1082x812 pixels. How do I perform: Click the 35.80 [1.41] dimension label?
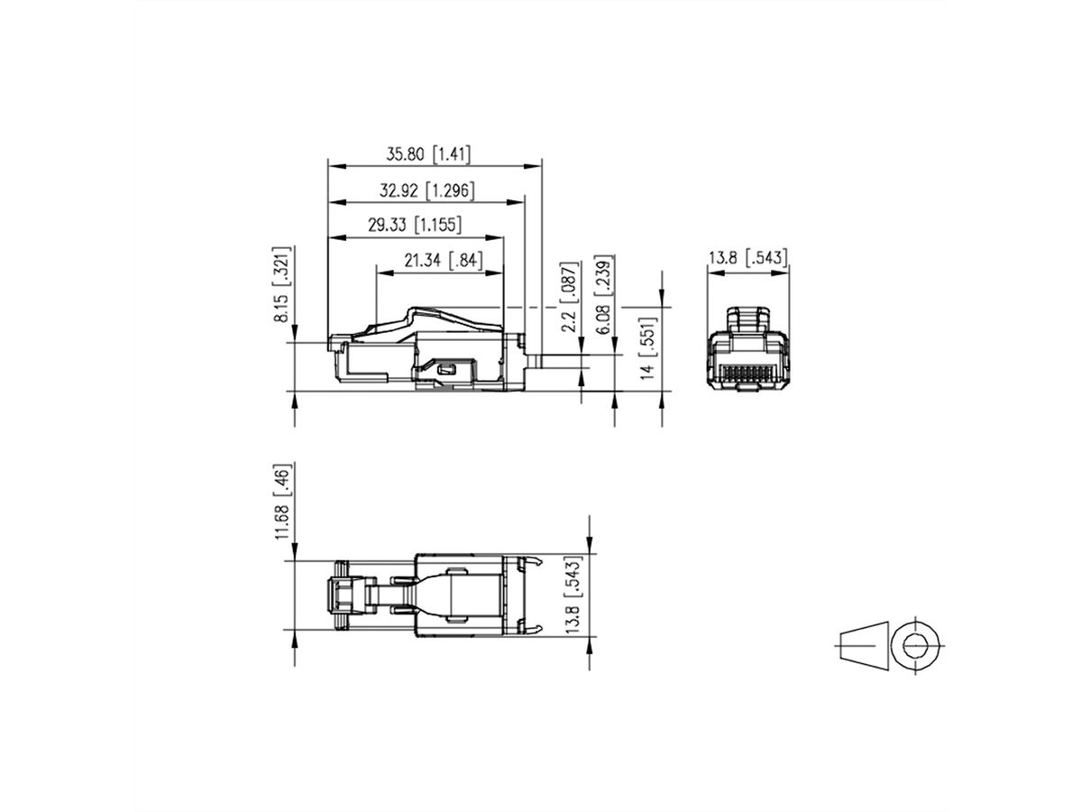coord(428,154)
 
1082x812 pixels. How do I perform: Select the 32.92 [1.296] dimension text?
coord(426,190)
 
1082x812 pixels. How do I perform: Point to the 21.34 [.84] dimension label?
coord(443,261)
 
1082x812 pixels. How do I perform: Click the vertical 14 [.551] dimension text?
coord(646,348)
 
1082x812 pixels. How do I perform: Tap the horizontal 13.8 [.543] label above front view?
coord(747,258)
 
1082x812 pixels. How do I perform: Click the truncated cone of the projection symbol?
coord(862,644)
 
